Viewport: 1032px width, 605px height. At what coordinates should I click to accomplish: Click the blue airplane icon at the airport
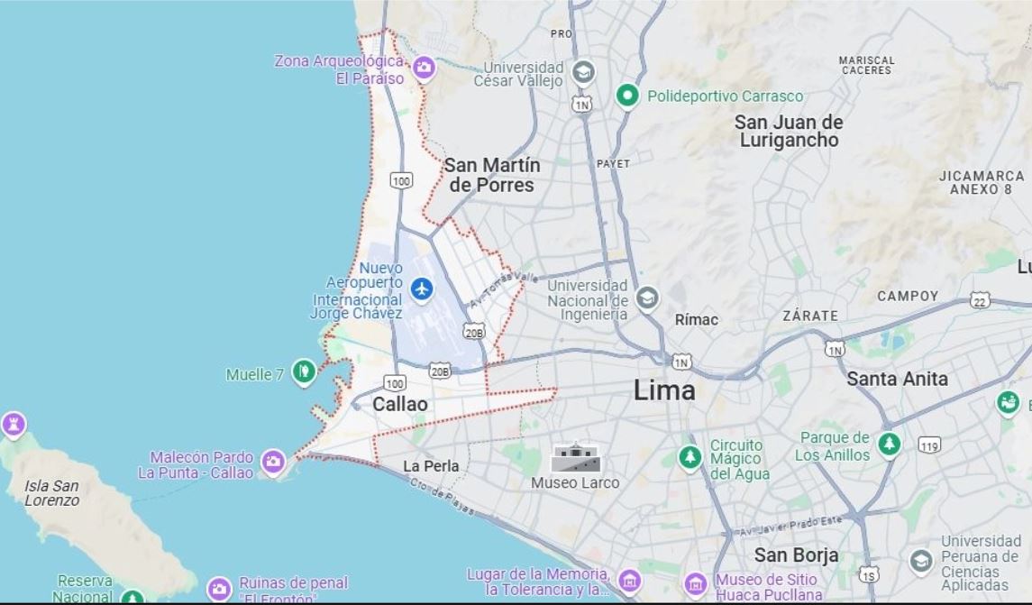421,289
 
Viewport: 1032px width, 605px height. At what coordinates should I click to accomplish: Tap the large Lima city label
664,390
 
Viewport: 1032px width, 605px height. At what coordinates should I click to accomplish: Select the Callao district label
400,405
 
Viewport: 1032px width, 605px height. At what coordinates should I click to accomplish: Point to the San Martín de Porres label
492,176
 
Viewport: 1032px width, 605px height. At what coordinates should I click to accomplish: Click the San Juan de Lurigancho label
789,131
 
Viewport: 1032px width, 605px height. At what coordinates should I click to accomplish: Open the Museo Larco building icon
575,458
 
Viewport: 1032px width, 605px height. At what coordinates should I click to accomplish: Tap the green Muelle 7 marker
304,371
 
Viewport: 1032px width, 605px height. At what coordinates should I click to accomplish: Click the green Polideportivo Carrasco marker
627,96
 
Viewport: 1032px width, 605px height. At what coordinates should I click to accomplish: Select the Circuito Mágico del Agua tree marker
690,457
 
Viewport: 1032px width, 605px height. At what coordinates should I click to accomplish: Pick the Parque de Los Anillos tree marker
890,444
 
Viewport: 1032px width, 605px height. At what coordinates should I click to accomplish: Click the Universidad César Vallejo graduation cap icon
584,71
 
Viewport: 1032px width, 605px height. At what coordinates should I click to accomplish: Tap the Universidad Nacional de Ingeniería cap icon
647,298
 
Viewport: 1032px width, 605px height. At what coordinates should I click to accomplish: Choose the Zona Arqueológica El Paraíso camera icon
424,67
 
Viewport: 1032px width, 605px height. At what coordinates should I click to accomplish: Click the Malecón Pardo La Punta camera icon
273,462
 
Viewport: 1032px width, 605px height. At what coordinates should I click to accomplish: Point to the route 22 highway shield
980,299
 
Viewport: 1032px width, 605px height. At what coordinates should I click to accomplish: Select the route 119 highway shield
930,445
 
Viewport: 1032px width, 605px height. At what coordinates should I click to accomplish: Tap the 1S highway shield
868,574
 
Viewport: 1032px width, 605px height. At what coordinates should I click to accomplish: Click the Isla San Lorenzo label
51,492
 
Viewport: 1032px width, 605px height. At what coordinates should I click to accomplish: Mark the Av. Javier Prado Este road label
790,524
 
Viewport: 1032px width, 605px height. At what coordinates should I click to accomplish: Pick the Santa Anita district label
897,380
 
